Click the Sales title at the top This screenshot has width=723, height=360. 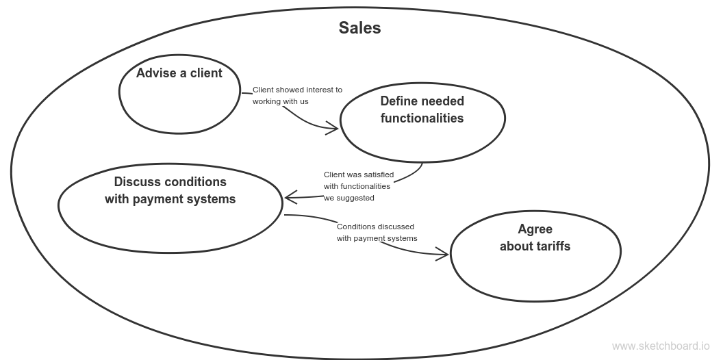(x=359, y=28)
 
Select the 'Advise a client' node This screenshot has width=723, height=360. (x=179, y=96)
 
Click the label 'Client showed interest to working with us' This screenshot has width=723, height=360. (x=297, y=95)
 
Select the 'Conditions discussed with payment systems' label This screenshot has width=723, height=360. (x=376, y=232)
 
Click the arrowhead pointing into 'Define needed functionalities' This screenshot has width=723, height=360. (x=335, y=127)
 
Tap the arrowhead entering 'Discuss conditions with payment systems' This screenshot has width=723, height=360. (x=288, y=198)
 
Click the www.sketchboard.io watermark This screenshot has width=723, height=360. (x=661, y=346)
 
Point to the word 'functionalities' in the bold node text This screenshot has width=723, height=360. (x=422, y=118)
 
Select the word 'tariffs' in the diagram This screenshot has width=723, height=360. (x=554, y=246)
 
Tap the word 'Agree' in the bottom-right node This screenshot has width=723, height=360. (x=535, y=229)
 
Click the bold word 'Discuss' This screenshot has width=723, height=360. (x=137, y=182)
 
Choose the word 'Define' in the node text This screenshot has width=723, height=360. (x=398, y=101)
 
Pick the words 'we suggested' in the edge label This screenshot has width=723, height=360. (x=349, y=198)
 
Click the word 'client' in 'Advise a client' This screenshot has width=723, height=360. (x=205, y=73)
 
